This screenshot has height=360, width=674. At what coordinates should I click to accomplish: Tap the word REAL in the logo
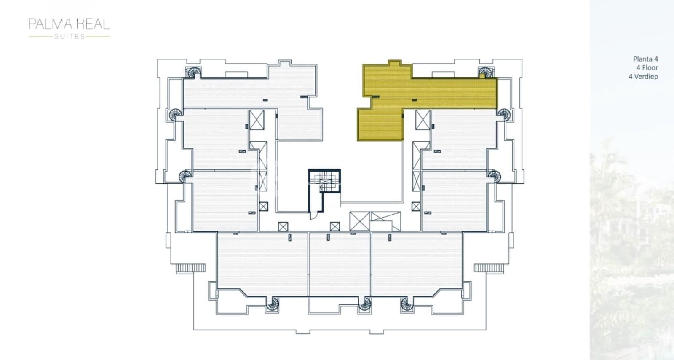click(x=93, y=24)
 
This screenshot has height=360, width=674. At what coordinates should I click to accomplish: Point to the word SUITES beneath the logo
click(x=70, y=36)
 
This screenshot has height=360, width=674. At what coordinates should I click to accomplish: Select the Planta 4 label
click(x=645, y=59)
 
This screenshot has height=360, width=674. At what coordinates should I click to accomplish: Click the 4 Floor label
click(x=647, y=67)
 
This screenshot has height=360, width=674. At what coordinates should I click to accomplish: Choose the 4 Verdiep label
click(x=643, y=76)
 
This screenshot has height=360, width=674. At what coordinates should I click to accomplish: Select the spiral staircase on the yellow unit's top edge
click(x=485, y=73)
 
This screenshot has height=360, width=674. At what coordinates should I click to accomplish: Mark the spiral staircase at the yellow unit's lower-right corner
click(x=503, y=114)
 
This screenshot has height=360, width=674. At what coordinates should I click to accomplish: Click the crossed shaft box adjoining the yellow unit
click(x=423, y=119)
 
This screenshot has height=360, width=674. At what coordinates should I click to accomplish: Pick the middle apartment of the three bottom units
click(x=340, y=263)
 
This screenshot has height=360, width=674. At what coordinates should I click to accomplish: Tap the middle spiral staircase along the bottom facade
click(x=365, y=304)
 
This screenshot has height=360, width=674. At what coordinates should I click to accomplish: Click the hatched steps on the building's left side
click(x=190, y=268)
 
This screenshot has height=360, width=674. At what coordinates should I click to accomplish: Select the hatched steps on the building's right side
click(x=489, y=268)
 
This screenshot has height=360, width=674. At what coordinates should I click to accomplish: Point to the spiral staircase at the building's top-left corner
click(x=194, y=73)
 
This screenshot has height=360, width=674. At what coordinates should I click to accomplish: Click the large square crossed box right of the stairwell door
click(x=360, y=222)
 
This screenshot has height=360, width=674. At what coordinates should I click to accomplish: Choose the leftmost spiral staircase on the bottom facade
click(x=273, y=304)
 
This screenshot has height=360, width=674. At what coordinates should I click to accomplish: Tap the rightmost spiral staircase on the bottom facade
click(x=406, y=304)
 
